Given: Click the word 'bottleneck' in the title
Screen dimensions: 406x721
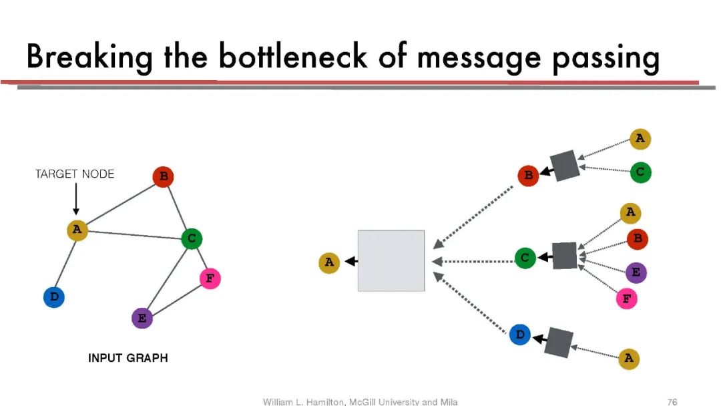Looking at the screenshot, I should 293,57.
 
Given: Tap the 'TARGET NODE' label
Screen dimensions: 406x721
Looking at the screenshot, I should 75,174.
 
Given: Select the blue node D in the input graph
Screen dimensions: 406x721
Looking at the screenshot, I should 53,296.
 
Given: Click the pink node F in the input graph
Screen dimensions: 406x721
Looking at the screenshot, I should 210,278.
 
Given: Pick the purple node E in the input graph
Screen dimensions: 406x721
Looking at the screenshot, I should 142,318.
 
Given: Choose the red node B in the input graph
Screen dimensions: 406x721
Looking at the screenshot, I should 163,177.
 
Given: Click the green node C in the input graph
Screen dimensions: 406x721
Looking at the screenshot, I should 192,238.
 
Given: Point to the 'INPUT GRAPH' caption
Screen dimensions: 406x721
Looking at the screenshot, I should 128,359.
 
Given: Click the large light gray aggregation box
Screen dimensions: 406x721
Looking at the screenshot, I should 391,260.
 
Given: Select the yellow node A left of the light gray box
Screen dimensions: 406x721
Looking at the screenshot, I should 329,262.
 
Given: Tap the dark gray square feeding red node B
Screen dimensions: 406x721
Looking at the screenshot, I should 563,166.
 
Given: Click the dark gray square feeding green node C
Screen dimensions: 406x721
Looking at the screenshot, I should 564,256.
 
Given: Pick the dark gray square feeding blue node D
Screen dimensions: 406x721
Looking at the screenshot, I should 558,342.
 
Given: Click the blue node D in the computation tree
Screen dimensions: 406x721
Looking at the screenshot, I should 519,335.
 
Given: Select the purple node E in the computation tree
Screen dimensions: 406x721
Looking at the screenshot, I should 636,272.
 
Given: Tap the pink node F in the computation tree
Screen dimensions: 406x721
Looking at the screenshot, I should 626,298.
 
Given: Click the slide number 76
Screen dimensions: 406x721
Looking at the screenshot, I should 672,401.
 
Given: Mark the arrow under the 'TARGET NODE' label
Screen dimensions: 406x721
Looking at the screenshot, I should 75,199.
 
